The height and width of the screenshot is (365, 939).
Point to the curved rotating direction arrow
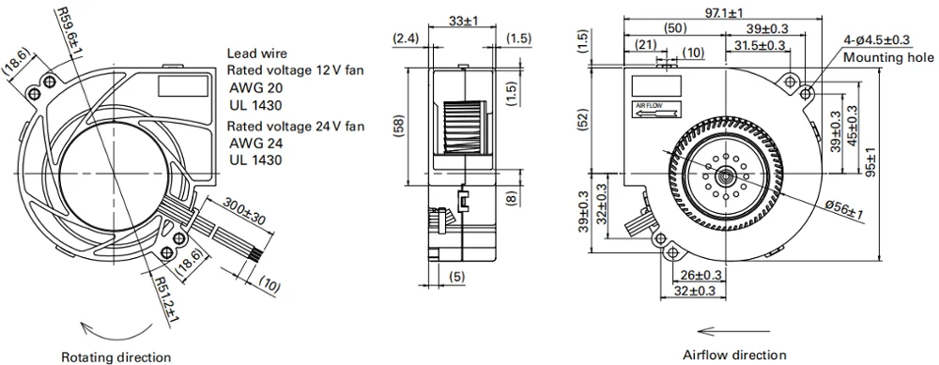pos(117,331)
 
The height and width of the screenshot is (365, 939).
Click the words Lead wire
pos(257,53)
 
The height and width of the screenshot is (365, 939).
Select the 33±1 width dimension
pos(463,21)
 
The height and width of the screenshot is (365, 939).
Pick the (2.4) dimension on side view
pos(408,38)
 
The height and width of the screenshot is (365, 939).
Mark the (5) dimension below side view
pos(457,277)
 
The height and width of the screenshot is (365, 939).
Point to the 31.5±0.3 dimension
pos(760,45)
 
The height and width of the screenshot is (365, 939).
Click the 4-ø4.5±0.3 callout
pos(877,40)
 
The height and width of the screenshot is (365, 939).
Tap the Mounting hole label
pos(888,57)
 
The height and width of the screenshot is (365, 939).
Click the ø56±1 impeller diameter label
pos(845,209)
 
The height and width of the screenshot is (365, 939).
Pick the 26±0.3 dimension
pos(700,275)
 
